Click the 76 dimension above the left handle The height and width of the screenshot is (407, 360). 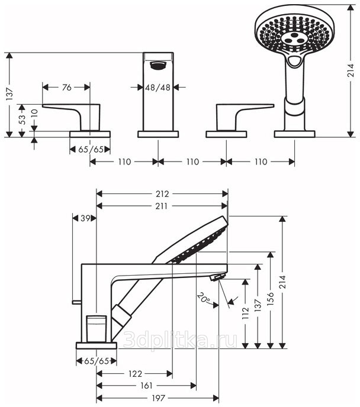click(x=66, y=87)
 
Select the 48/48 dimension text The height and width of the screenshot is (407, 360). click(x=157, y=87)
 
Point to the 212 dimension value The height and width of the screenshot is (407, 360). click(x=162, y=193)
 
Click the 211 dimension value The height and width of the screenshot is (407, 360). click(x=162, y=206)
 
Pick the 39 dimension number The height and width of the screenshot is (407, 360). click(x=86, y=218)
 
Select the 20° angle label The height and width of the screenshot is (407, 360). click(x=204, y=300)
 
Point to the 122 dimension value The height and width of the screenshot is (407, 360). click(x=135, y=374)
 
